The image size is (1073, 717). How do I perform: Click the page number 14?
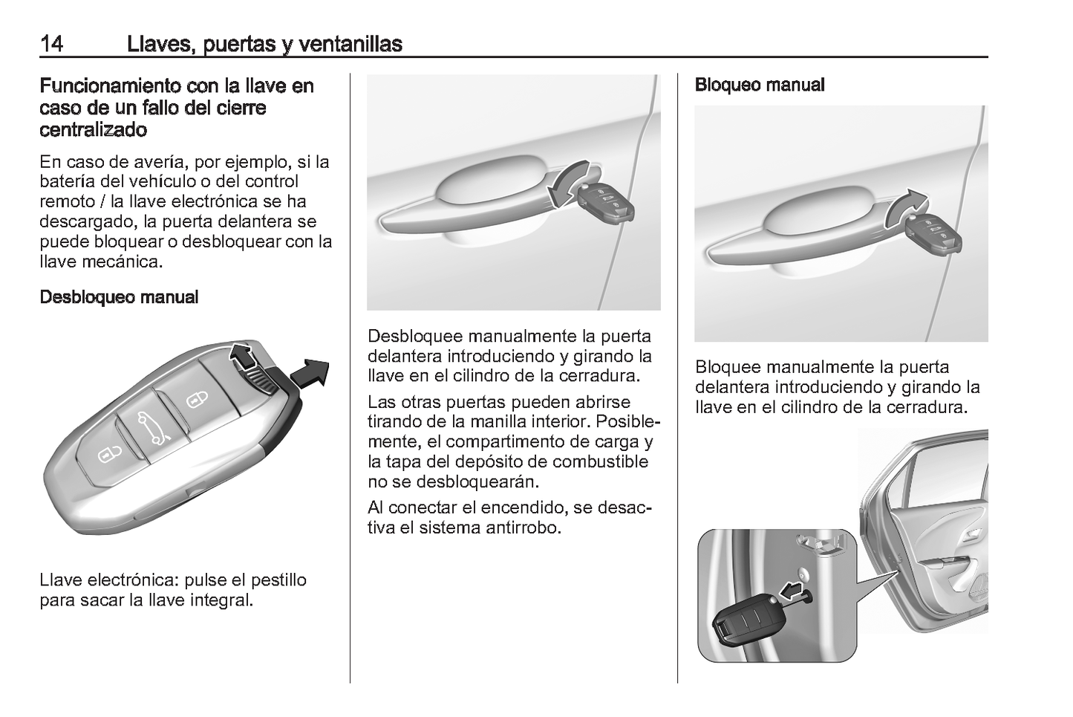[51, 44]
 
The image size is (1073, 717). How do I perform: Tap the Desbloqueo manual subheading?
[119, 297]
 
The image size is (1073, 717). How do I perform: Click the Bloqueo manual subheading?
[759, 85]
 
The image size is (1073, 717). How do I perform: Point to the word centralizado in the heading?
[93, 130]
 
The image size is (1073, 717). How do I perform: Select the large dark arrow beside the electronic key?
[310, 371]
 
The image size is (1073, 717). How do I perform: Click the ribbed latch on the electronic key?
[263, 381]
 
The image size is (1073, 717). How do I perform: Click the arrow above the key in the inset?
[793, 591]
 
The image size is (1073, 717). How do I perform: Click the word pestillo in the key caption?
[278, 580]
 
